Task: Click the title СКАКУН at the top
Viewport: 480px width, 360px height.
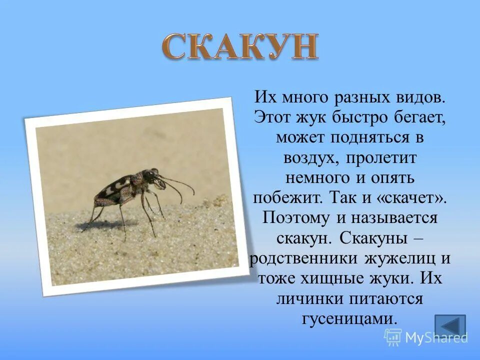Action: (x=240, y=47)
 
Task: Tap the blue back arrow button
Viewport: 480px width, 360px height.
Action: (x=449, y=325)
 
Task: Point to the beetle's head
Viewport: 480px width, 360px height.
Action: (x=150, y=176)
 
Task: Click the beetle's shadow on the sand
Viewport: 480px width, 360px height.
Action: (x=105, y=224)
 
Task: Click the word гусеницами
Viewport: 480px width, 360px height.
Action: (x=349, y=318)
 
